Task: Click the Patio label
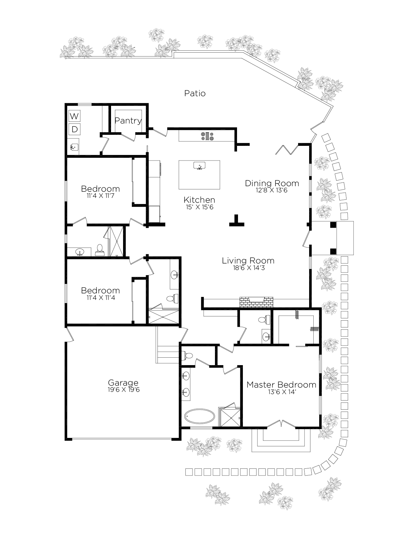[x=195, y=93]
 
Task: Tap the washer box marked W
[x=74, y=116]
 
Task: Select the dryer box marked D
[x=74, y=129]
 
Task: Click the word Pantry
[x=128, y=121]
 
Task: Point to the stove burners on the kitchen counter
[x=207, y=136]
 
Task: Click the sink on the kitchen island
[x=199, y=166]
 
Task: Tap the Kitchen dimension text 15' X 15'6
[x=199, y=207]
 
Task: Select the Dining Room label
[x=272, y=183]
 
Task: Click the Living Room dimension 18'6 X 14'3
[x=249, y=268]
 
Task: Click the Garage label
[x=123, y=383]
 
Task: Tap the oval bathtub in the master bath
[x=200, y=416]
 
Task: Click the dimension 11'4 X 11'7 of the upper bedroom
[x=100, y=196]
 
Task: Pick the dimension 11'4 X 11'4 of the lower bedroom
[x=101, y=298]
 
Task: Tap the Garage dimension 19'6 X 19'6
[x=123, y=390]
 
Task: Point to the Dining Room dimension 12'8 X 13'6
[x=271, y=190]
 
